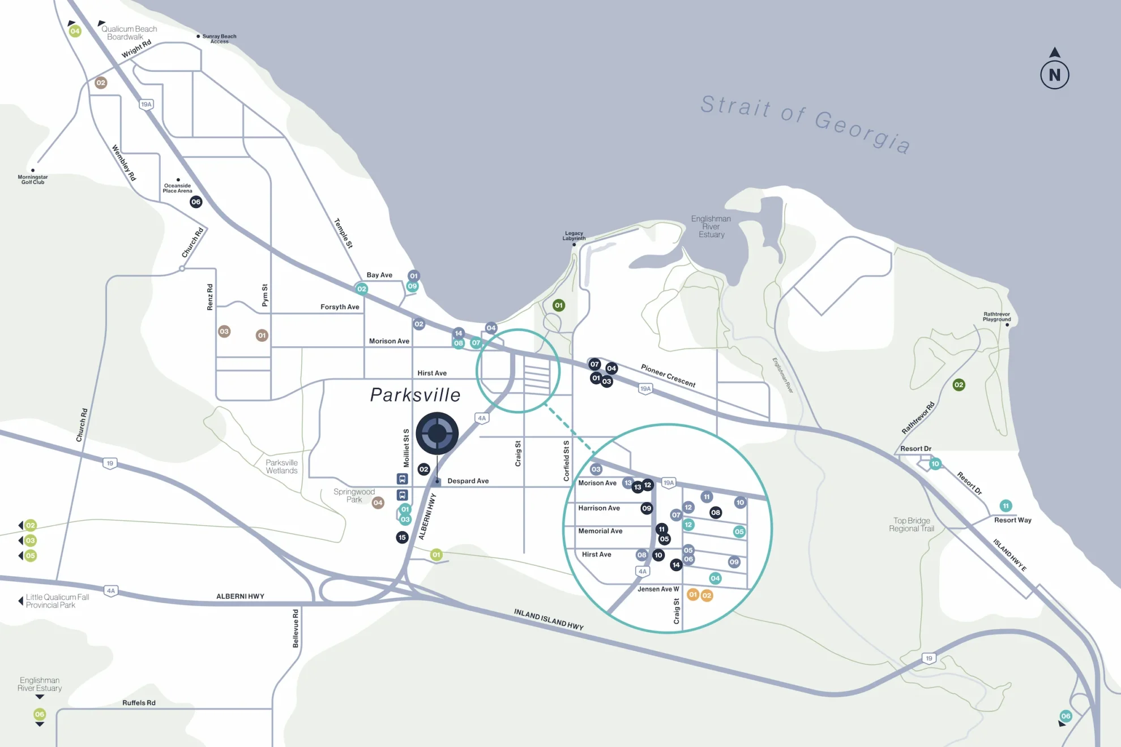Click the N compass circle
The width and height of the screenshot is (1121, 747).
(x=1054, y=75)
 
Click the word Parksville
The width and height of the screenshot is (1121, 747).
(x=415, y=395)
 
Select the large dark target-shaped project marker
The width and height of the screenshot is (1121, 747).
(x=437, y=433)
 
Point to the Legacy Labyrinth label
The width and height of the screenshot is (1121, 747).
(x=574, y=236)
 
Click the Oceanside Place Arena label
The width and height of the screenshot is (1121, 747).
(x=177, y=188)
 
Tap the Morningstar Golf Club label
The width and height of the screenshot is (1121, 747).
(x=33, y=179)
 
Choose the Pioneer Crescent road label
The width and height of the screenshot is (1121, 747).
(x=668, y=376)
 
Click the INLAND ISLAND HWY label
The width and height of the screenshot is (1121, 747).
(x=548, y=620)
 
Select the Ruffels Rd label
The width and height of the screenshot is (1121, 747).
(x=139, y=703)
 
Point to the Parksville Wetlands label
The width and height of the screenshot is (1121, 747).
(x=281, y=467)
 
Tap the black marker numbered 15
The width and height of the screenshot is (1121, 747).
(x=402, y=538)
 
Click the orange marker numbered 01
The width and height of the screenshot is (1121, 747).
(x=692, y=595)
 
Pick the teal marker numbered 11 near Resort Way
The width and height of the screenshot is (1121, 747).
(x=1006, y=506)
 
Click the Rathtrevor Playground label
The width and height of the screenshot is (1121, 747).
(x=996, y=317)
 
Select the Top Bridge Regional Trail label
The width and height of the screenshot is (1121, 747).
(x=912, y=525)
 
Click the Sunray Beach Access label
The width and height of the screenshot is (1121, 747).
(x=219, y=38)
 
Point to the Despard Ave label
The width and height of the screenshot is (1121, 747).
(x=468, y=481)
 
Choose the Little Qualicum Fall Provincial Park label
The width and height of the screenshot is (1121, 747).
(x=57, y=601)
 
